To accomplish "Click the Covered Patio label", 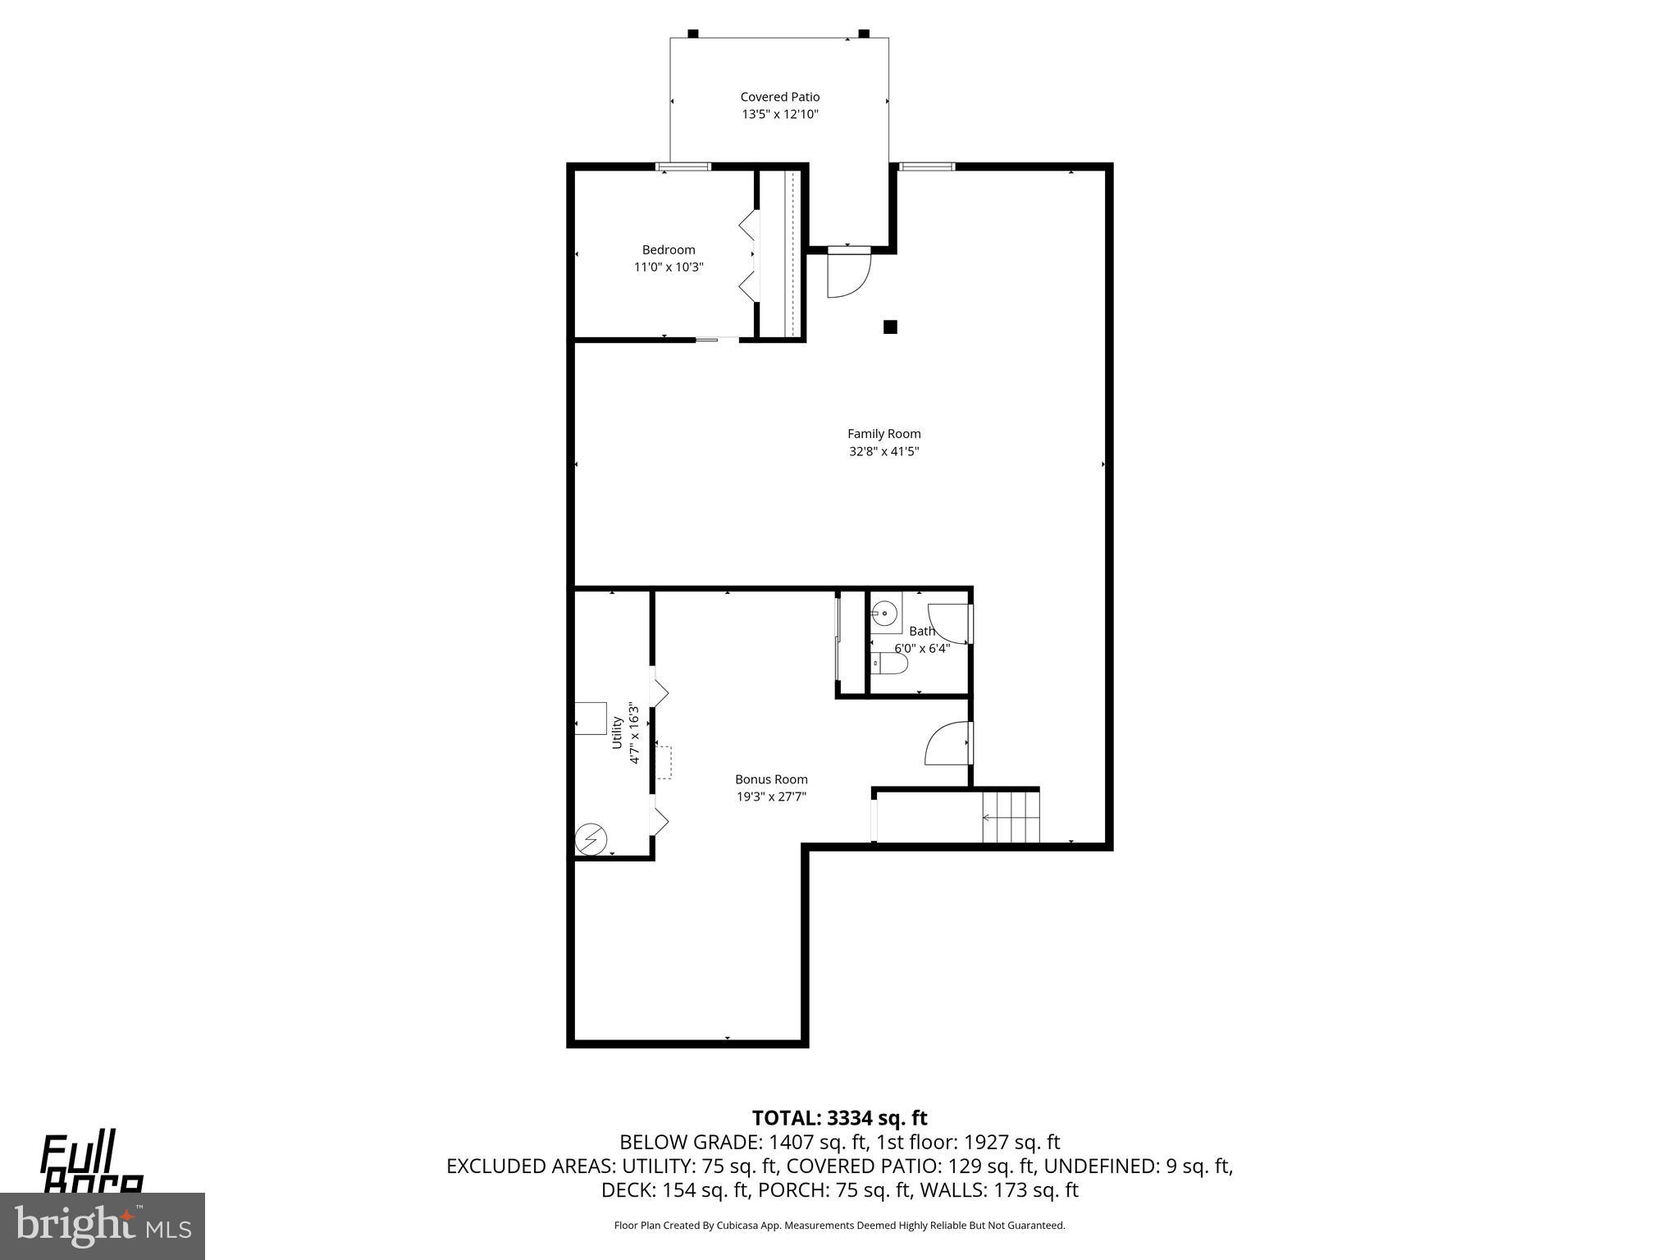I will [779, 97].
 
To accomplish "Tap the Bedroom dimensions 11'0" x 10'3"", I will [668, 267].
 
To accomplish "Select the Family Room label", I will [883, 434].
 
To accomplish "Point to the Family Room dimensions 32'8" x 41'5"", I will [883, 451].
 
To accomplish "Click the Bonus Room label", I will [770, 779].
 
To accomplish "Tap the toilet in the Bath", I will [889, 663].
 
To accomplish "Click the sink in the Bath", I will [884, 612].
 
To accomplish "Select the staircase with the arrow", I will [1011, 817].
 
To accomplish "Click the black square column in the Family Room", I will [890, 327].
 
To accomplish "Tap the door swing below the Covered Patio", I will [846, 275].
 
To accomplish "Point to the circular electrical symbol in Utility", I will [591, 840].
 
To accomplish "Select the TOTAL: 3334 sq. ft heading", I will [839, 1118].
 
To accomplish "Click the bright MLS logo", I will [103, 1226].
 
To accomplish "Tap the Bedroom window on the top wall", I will [683, 167].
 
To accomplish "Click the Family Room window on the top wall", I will [926, 167].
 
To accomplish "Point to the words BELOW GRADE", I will [688, 1142].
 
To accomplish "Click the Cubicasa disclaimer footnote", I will [839, 1226].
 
